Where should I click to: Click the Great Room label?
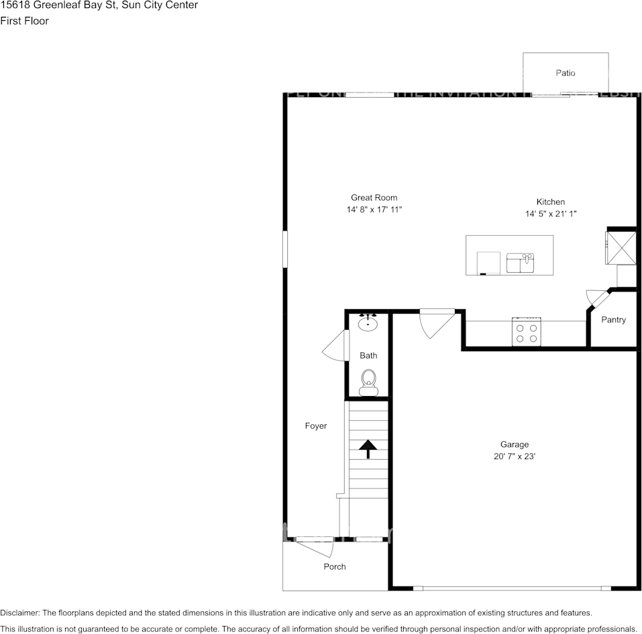coord(374,198)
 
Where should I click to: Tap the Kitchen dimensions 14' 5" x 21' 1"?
coord(550,214)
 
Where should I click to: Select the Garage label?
coord(514,444)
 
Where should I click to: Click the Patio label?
coord(565,73)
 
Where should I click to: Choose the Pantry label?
coord(613,320)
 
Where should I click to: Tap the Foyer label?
coord(316,426)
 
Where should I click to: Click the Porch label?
coord(335,566)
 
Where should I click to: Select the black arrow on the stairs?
coord(367,448)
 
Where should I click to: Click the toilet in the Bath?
coord(368,382)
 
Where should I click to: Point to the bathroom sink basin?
coord(368,324)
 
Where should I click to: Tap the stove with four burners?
coord(527,332)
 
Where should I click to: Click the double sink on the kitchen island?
coord(520,263)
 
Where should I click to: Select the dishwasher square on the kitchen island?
coord(488,263)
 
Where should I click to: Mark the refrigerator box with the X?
coord(621,248)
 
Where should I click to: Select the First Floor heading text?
coord(24,21)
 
